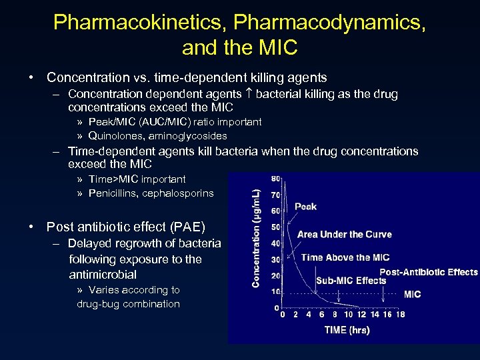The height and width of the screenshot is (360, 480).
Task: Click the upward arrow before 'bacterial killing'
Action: coord(249,94)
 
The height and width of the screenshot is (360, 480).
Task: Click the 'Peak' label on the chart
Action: coord(305,207)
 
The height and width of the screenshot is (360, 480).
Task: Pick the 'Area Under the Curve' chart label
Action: coord(344,234)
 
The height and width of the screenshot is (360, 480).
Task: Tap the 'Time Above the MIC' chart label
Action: coord(345,257)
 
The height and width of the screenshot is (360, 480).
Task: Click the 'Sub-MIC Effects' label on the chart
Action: coord(351,280)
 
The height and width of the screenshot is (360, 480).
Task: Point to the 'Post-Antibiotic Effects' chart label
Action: coord(429,272)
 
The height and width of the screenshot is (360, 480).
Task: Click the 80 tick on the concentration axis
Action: coord(276,179)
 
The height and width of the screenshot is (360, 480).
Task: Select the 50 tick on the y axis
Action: coord(276,227)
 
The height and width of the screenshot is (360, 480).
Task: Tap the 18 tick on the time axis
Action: coord(400,315)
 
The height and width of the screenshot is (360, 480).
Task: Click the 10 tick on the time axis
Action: coord(348,315)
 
